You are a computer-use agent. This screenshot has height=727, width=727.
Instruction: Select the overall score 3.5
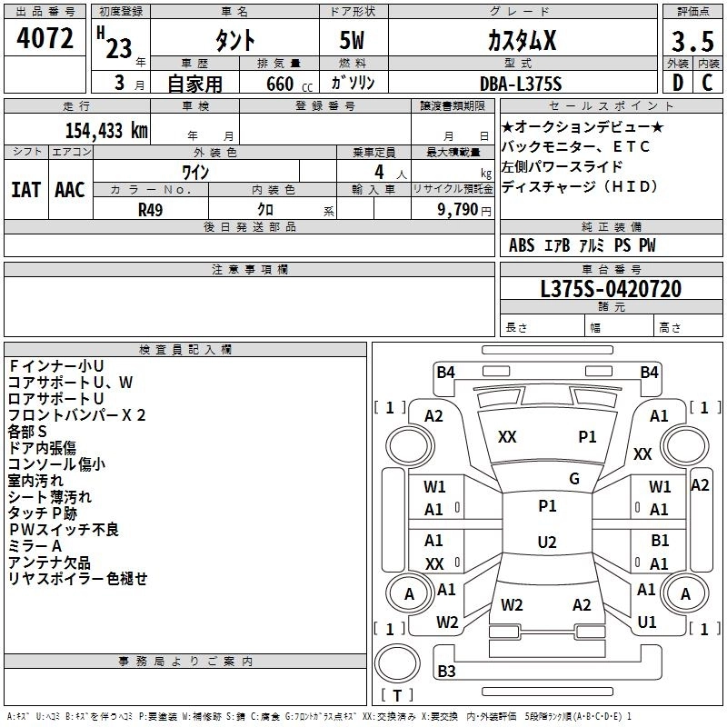coord(691,42)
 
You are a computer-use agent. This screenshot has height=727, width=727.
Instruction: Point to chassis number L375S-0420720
coord(611,290)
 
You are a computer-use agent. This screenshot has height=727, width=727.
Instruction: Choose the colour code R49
coord(151,209)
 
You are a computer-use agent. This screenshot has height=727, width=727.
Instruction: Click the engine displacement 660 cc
coord(278,85)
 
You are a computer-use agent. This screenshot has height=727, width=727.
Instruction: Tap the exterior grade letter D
coord(677,84)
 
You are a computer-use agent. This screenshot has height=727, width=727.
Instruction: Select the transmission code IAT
coord(25,190)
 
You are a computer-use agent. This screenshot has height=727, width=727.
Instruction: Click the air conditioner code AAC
coord(70,190)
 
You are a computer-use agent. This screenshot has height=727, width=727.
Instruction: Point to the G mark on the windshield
coord(574,479)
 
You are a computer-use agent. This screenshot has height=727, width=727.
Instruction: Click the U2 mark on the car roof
coord(546,543)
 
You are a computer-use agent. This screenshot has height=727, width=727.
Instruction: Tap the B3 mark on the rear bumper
coord(446,672)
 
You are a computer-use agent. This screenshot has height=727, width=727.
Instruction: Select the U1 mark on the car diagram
coord(647,622)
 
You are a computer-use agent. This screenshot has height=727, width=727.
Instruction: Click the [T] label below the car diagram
coord(396,696)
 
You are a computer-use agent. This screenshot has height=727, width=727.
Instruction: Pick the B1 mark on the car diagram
coord(660,541)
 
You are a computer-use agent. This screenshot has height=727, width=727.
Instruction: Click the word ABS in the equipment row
coord(522,245)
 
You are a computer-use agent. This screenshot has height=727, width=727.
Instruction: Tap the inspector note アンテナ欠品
coord(50,563)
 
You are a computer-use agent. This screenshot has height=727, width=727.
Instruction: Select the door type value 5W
coord(354,42)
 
